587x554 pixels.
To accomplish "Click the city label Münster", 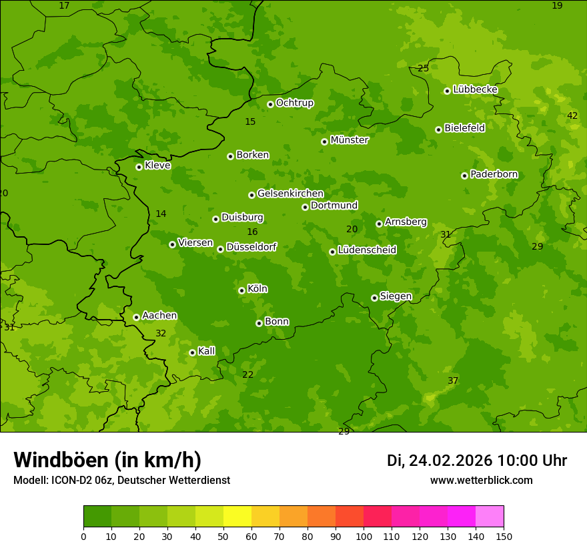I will tap(349, 140).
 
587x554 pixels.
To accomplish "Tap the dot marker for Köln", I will tap(241, 290).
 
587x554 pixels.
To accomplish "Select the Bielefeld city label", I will tap(464, 128).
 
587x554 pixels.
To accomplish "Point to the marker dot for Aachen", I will tap(136, 317).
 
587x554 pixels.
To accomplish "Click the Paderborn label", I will tap(494, 174).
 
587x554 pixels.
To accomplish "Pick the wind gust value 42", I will tap(572, 115).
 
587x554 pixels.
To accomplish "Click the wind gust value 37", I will tap(453, 380).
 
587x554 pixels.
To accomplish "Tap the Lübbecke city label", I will tap(475, 89).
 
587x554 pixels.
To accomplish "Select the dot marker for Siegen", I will tap(374, 298).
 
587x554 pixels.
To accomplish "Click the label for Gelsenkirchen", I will tap(290, 194).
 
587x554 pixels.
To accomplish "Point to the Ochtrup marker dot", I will tap(270, 104).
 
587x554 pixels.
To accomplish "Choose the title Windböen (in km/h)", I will tap(107, 460).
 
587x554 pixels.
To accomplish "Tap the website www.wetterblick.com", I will tap(481, 481).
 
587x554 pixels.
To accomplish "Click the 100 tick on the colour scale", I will tap(364, 536).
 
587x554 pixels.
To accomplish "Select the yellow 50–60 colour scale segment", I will tap(237, 517).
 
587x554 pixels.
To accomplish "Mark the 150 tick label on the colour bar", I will tap(504, 536).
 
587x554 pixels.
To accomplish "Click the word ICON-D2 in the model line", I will tap(71, 481).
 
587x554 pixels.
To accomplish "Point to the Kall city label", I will tap(206, 351).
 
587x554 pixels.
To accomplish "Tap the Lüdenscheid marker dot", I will tap(332, 252).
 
